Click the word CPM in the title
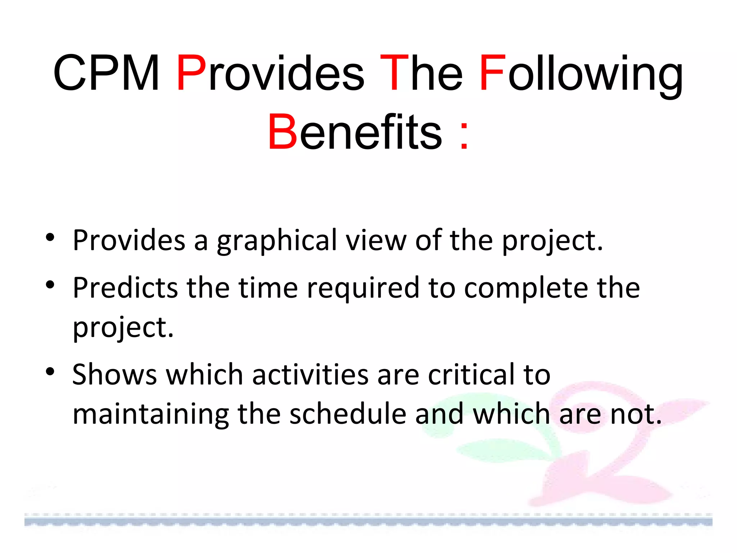click(107, 73)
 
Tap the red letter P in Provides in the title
click(191, 73)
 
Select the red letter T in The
click(394, 73)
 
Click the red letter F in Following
click(492, 73)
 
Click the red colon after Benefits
click(464, 136)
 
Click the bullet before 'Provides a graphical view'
click(50, 238)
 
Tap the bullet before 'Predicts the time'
click(50, 285)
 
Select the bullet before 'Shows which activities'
click(50, 371)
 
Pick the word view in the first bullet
click(376, 240)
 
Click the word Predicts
click(125, 288)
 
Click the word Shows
click(114, 374)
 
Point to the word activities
click(310, 374)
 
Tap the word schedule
click(348, 414)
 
